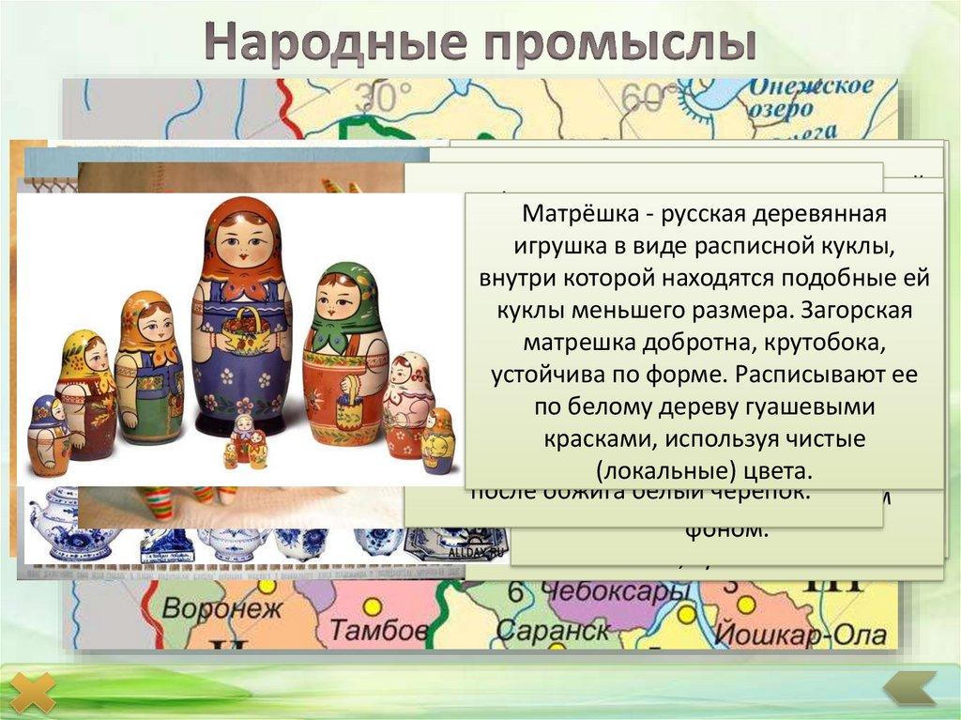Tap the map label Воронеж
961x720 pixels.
click(x=222, y=608)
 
